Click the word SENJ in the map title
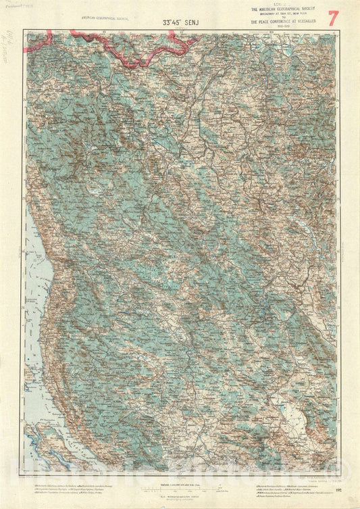tap(194, 20)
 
